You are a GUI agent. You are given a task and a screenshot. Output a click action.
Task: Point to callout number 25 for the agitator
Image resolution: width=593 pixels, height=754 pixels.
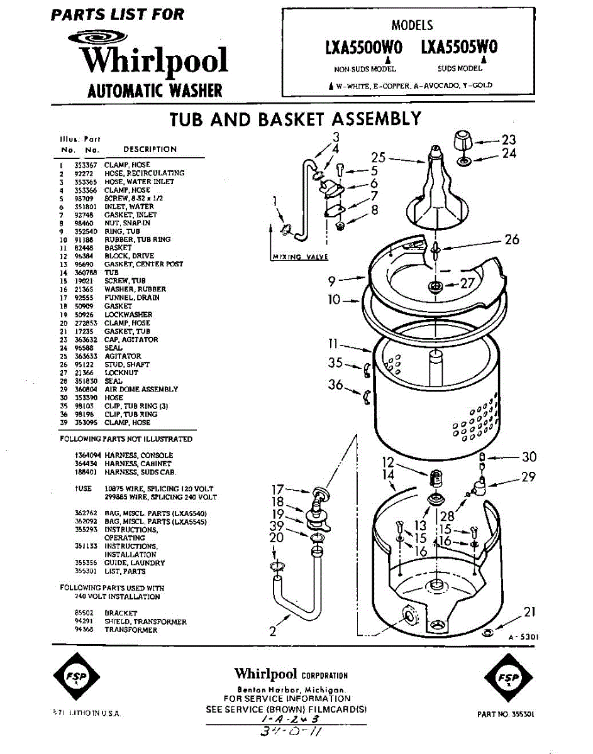click(377, 157)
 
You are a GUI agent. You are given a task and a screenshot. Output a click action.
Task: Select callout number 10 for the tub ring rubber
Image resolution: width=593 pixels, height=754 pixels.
click(333, 300)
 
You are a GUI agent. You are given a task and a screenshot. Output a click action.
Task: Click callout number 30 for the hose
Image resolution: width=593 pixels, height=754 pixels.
click(529, 457)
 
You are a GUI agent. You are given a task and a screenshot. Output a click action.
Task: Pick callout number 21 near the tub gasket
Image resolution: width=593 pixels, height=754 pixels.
click(529, 612)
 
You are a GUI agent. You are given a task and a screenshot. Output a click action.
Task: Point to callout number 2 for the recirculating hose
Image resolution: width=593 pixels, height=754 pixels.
click(273, 631)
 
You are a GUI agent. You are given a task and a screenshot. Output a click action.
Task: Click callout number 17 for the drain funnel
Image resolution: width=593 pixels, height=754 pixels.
click(277, 489)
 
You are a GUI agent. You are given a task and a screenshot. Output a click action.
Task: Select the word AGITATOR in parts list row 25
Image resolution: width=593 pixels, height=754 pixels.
click(123, 356)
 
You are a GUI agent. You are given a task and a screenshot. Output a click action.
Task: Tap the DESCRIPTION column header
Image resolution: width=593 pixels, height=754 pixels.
click(150, 150)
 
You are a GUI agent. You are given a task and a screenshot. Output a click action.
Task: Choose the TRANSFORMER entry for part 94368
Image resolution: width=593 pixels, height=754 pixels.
click(131, 630)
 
